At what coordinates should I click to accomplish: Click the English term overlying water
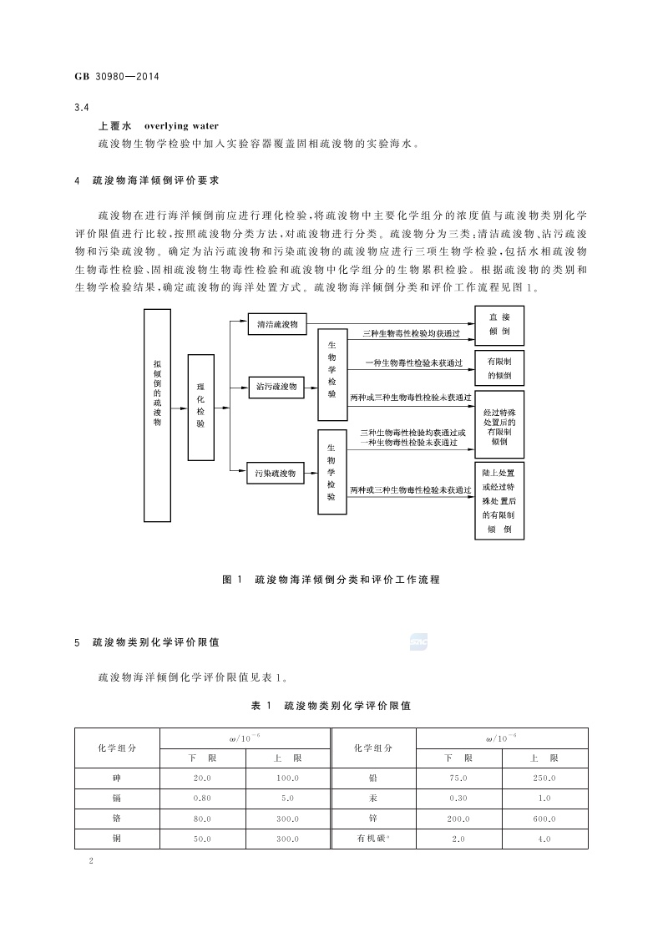coord(182,126)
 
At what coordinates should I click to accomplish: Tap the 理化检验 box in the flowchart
coord(200,406)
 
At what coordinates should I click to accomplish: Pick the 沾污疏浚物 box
coord(278,386)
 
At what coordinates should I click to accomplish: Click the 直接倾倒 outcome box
coord(499,325)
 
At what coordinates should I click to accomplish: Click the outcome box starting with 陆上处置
coord(499,500)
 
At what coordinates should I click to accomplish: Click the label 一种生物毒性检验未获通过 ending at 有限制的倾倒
coord(413,363)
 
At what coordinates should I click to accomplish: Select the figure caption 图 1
coord(232,579)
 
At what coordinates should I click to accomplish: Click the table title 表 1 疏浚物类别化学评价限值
coord(331,706)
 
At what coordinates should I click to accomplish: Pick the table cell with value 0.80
coord(202,798)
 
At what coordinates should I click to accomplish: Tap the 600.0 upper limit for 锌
coord(544,819)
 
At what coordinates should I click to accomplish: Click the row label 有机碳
coord(372,839)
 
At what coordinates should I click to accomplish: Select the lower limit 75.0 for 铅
coord(458,778)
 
